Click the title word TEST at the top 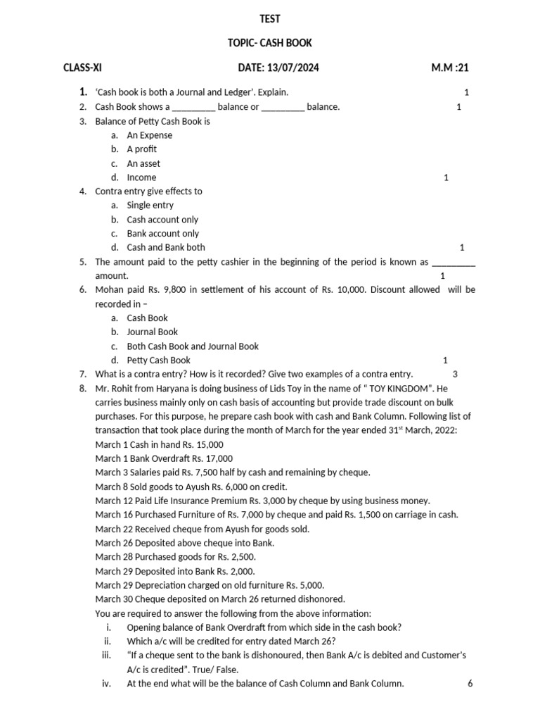click(x=270, y=19)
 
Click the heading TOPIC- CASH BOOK click(x=270, y=44)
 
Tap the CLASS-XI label click(x=82, y=68)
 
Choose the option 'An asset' click(x=143, y=163)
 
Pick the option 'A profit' click(x=141, y=149)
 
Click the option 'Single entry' click(x=150, y=206)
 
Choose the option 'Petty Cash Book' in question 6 click(x=158, y=360)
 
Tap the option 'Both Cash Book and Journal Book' click(x=193, y=346)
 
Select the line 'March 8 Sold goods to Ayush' click(x=191, y=487)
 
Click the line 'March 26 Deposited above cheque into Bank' click(x=185, y=543)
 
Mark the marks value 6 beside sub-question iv click(x=470, y=684)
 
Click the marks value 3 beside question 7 click(x=455, y=375)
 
